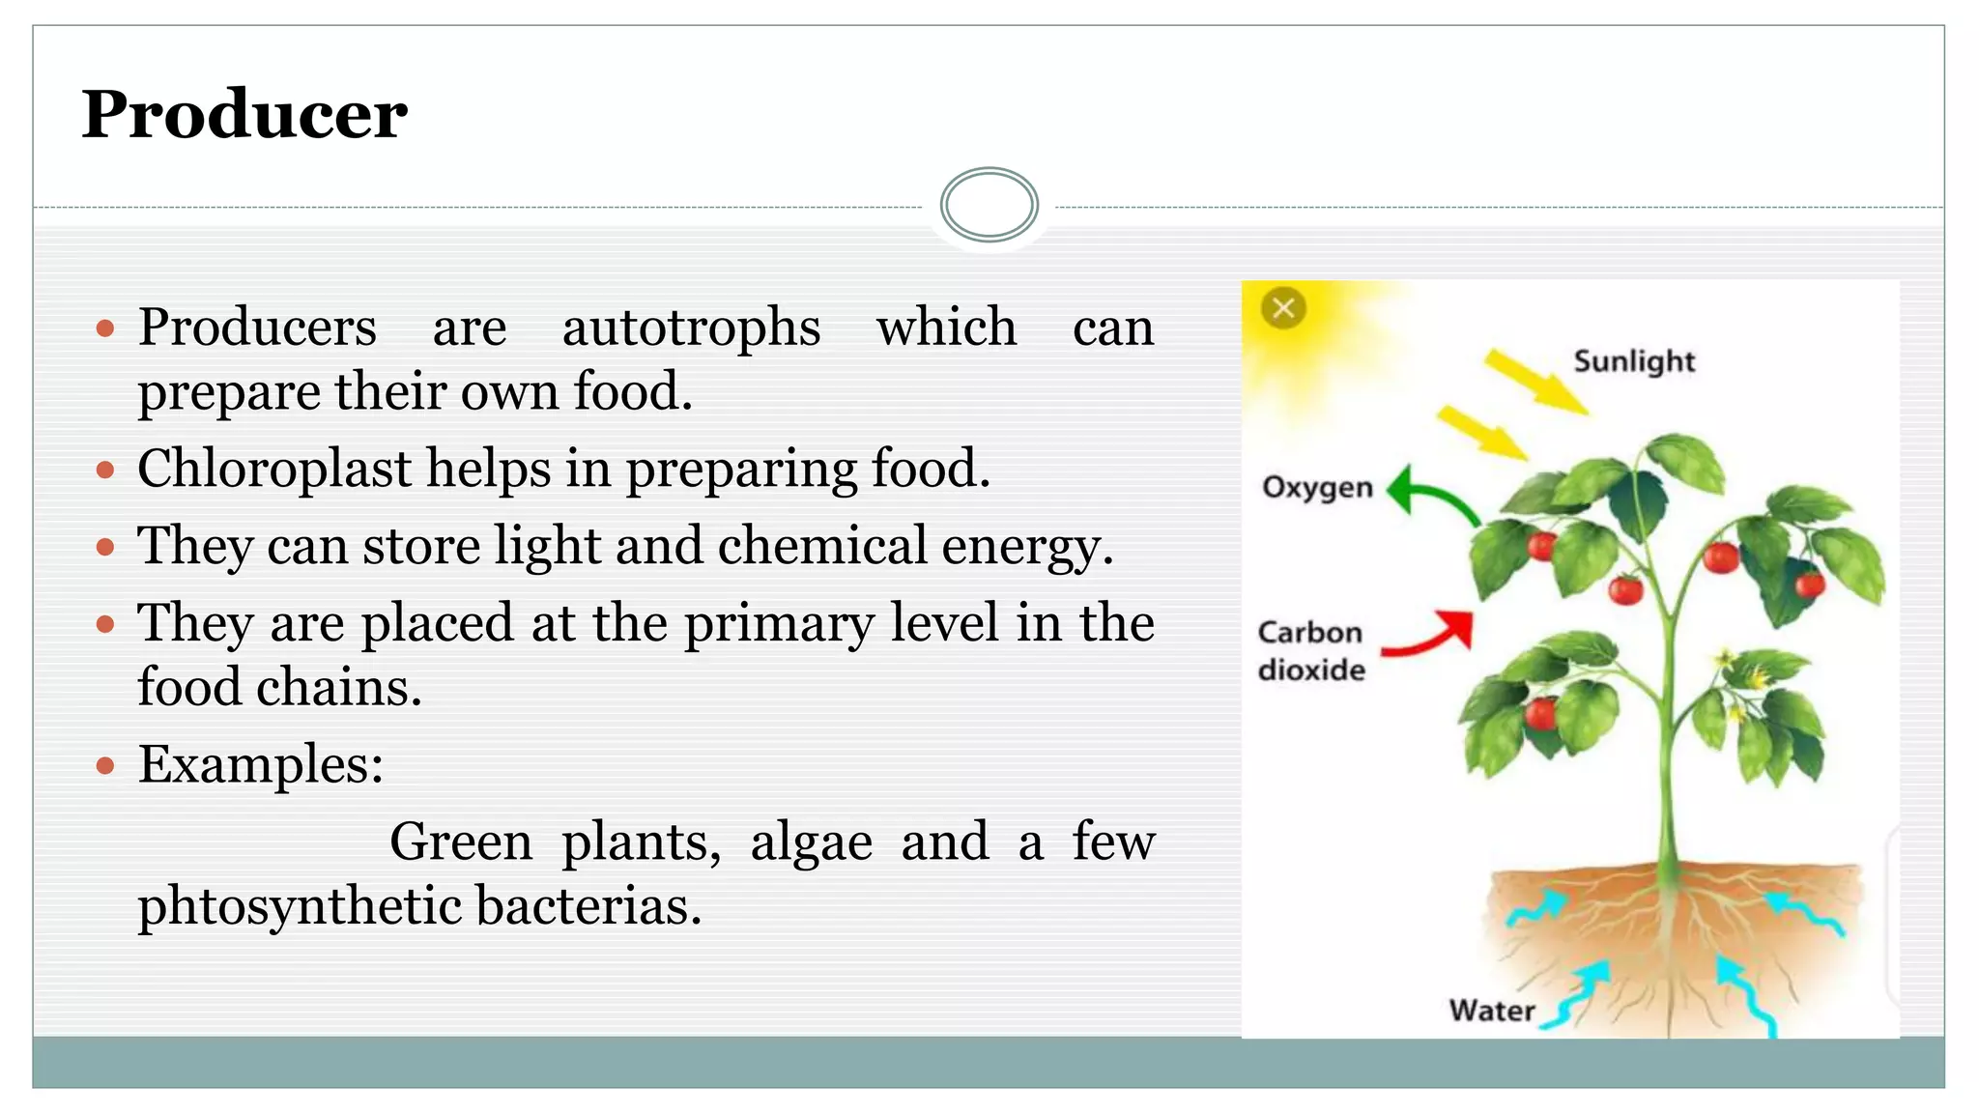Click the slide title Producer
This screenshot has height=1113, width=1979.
244,114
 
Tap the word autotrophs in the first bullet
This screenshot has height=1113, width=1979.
691,328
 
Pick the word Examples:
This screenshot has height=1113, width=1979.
261,765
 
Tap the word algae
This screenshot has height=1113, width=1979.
811,842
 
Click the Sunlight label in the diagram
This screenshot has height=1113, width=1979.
1633,361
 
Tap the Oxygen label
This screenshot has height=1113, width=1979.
1317,486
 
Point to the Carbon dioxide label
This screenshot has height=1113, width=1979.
1311,650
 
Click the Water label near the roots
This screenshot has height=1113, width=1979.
1491,1011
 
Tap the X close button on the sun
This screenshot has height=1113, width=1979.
1283,309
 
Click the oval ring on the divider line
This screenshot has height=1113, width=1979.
989,205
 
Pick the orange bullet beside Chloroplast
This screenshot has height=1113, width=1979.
105,471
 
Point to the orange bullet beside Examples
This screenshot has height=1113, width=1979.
105,767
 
